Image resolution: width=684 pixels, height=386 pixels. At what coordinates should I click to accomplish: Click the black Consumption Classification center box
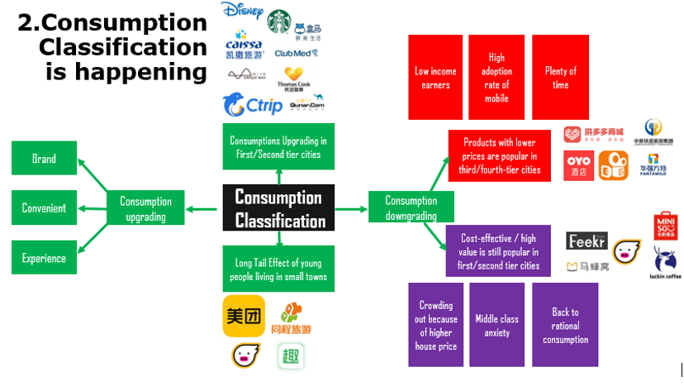[278, 207]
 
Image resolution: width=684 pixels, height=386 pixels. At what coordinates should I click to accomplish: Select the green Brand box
[44, 159]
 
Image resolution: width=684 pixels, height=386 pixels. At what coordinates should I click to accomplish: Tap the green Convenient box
[44, 208]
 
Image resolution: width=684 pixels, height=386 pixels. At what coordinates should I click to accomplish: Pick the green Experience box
[44, 258]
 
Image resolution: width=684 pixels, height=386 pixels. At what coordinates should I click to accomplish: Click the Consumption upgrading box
[145, 208]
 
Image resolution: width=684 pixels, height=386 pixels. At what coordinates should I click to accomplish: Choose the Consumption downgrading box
[411, 208]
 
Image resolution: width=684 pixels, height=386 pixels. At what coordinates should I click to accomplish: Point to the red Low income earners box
[435, 78]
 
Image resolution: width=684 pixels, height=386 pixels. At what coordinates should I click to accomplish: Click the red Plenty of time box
[560, 78]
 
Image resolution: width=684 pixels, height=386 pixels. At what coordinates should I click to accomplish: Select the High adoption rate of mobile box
[496, 78]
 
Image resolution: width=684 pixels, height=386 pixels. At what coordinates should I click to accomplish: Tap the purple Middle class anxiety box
[497, 325]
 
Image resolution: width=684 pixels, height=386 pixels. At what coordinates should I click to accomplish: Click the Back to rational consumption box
[565, 325]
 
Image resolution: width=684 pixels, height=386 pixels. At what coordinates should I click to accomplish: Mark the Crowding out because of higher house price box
[435, 325]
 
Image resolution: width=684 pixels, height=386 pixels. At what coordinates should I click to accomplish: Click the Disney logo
[243, 13]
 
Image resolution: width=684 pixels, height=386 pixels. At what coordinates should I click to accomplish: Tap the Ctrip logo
[253, 105]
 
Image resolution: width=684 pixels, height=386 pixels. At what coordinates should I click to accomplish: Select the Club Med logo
[295, 53]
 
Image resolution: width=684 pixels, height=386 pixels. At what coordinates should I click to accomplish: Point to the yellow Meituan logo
[244, 316]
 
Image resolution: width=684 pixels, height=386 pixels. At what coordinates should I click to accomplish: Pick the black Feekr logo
[587, 241]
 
